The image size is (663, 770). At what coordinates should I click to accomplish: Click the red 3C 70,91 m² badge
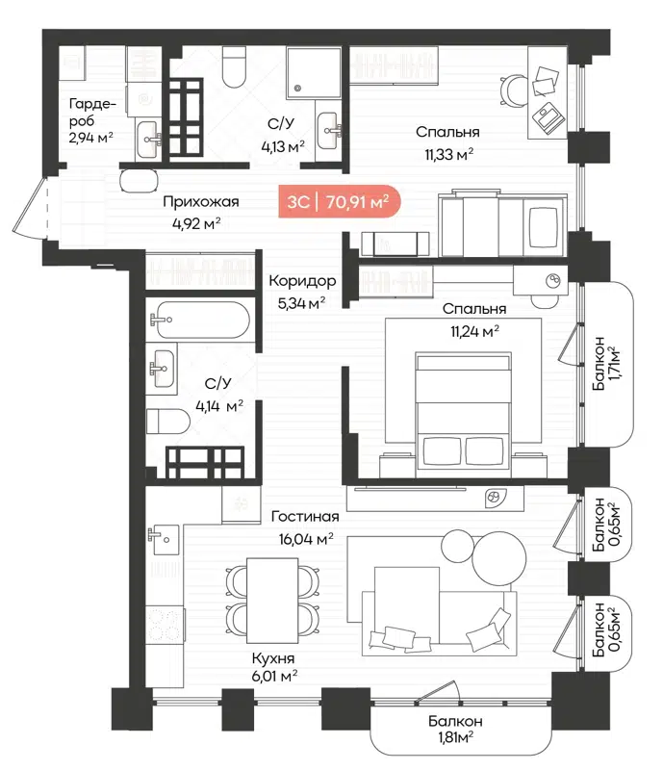[338, 202]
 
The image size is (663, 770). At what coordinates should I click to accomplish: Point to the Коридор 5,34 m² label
[302, 292]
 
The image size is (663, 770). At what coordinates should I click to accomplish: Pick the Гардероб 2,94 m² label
[91, 120]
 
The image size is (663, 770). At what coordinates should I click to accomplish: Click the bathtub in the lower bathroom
[202, 320]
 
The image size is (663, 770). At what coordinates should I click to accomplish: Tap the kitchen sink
[163, 536]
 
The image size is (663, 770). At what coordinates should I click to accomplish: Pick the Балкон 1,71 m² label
[606, 365]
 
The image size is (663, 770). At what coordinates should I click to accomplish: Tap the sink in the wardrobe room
[148, 141]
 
